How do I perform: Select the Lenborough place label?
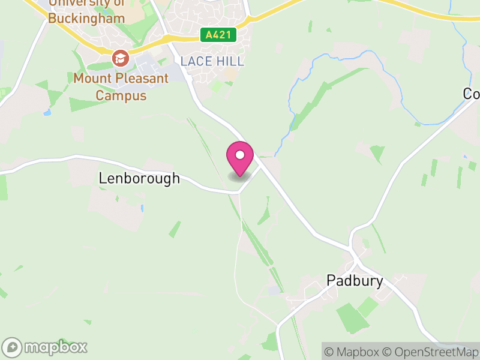pos(139,178)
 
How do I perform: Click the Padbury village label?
pos(355,280)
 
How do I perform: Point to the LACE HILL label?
pos(212,61)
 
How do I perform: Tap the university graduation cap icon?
pos(121,58)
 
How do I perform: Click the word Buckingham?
pos(86,19)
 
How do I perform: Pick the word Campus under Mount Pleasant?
pos(121,95)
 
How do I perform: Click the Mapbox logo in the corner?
pos(45,347)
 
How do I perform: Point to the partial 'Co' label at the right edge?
pos(472,94)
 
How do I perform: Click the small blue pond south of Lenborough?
pos(143,209)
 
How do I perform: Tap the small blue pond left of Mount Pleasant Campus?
pos(47,112)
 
